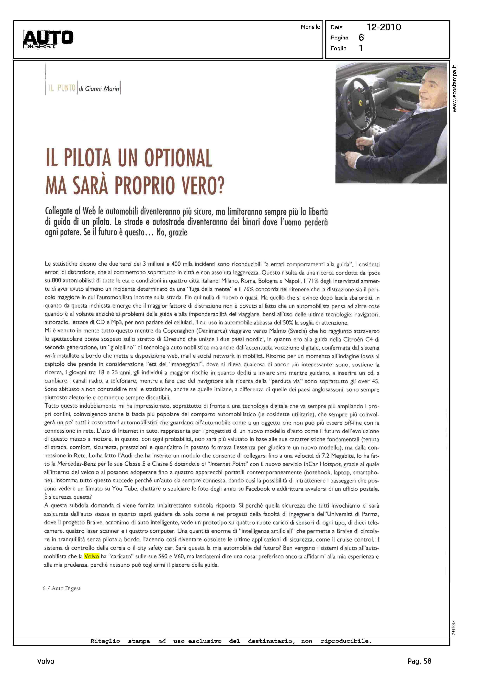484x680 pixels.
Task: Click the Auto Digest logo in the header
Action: (x=48, y=39)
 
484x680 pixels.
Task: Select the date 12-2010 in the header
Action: (x=383, y=27)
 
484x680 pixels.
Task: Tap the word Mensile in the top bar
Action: (x=310, y=27)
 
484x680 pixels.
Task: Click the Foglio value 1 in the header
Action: (x=361, y=48)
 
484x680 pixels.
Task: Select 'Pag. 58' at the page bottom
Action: (x=419, y=661)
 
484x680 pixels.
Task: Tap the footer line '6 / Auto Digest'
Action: (x=61, y=588)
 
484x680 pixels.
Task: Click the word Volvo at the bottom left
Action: (x=46, y=661)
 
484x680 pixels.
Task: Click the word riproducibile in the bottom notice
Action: (x=346, y=641)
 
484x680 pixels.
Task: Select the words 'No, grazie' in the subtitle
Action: (x=172, y=232)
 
